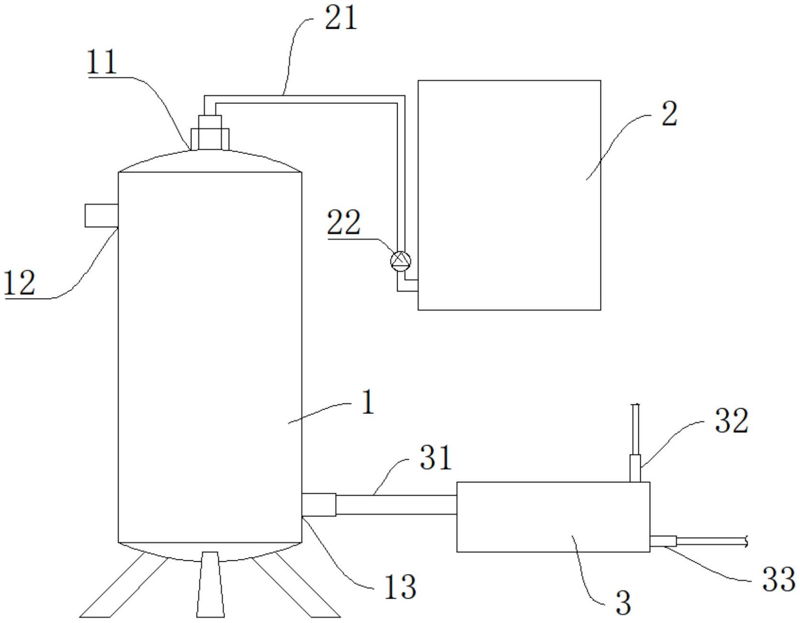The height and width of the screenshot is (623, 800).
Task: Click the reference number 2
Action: point(669,114)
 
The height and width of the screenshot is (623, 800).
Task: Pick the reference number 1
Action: point(367,403)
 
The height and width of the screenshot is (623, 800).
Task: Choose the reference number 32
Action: point(731,421)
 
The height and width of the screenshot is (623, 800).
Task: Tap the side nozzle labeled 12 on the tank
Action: point(101,215)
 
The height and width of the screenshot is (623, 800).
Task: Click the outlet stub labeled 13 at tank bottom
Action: point(319,505)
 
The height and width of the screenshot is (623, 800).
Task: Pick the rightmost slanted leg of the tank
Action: point(297,586)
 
